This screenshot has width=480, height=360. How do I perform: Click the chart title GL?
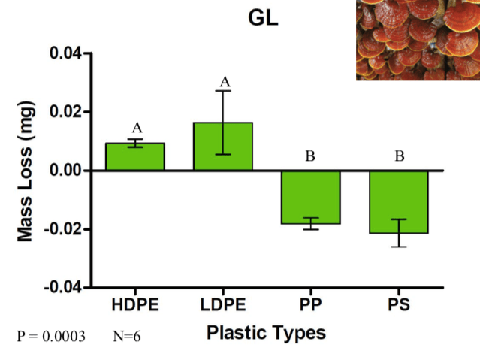pyautogui.click(x=263, y=18)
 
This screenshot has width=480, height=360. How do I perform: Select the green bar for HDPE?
pyautogui.click(x=134, y=157)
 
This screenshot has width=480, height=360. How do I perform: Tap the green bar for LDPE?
pyautogui.click(x=223, y=147)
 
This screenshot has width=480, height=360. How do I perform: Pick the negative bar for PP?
pyautogui.click(x=311, y=197)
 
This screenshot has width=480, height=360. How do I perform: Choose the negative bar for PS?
pyautogui.click(x=399, y=201)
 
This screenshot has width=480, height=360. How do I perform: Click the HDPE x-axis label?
pyautogui.click(x=134, y=306)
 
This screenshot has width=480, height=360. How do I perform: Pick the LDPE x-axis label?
pyautogui.click(x=223, y=306)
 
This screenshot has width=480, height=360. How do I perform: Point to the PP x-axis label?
pyautogui.click(x=311, y=306)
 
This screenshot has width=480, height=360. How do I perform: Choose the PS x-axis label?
pyautogui.click(x=399, y=306)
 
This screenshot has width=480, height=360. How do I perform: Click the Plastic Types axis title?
pyautogui.click(x=267, y=333)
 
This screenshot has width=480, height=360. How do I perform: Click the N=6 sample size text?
pyautogui.click(x=127, y=336)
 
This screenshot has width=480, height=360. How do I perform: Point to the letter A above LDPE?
pyautogui.click(x=223, y=81)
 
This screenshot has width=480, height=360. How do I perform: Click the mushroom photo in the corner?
pyautogui.click(x=418, y=39)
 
